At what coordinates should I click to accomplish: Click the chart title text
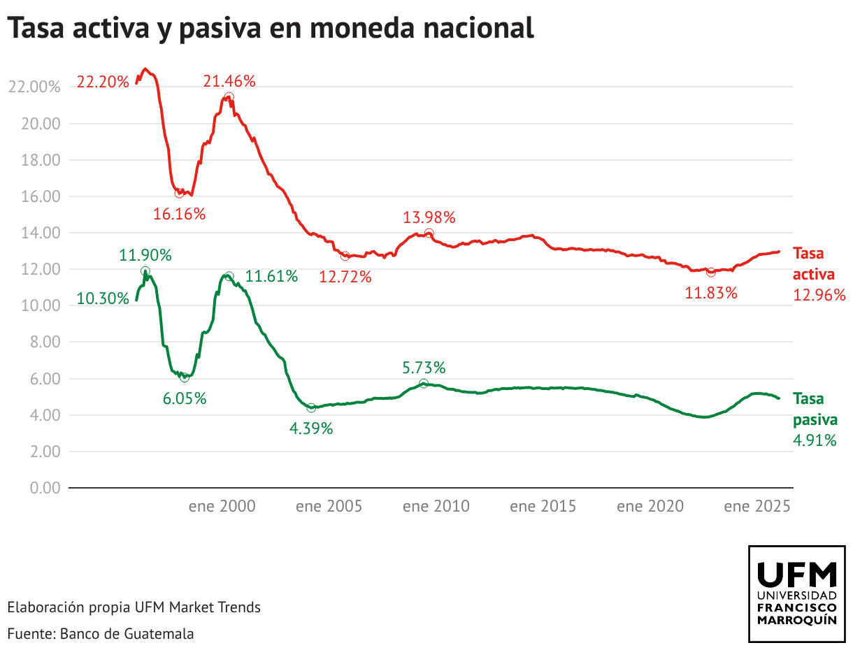[x=271, y=29]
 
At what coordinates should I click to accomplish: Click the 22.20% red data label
[x=103, y=82]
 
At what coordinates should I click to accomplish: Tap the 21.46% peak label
[x=229, y=81]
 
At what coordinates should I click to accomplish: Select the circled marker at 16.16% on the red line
[x=179, y=193]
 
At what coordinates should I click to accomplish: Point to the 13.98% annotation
[x=429, y=217]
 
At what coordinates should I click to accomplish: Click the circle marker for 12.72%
[x=345, y=257]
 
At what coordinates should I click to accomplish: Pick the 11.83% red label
[x=711, y=293]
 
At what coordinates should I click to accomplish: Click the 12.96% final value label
[x=819, y=295]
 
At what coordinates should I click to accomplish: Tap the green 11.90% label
[x=145, y=254]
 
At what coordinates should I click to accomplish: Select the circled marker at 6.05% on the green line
[x=185, y=377]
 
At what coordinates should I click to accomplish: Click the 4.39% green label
[x=311, y=428]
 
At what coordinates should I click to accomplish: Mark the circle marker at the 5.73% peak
[x=424, y=384]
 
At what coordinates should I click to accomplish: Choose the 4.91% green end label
[x=815, y=440]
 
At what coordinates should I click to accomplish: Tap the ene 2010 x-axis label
[x=436, y=506]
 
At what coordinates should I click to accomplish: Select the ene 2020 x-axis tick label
[x=650, y=506]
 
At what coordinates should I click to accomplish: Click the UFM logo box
[x=797, y=594]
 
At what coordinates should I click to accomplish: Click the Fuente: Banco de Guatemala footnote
[x=100, y=634]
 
